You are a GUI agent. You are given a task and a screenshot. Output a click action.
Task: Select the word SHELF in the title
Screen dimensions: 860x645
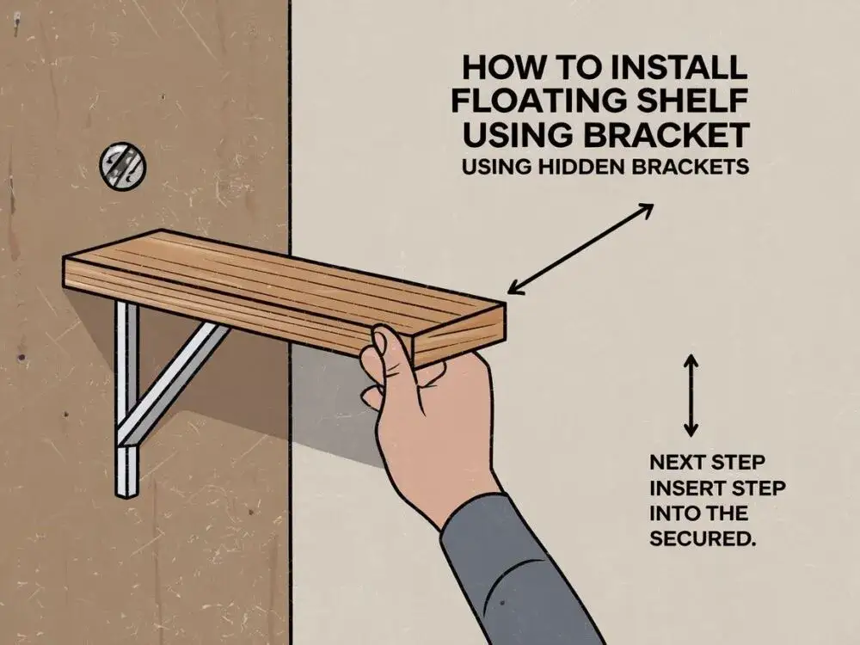[x=703, y=101]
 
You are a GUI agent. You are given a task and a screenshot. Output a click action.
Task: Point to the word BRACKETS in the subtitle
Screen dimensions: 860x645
[x=691, y=167]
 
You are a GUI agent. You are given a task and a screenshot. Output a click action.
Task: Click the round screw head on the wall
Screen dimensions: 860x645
[x=123, y=166]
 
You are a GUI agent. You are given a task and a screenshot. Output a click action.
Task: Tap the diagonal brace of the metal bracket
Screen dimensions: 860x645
[x=172, y=383]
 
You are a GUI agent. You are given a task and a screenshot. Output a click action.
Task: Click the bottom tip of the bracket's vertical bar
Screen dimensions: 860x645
[x=126, y=496]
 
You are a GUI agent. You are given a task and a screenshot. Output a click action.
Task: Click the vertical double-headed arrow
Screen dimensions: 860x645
[x=691, y=396]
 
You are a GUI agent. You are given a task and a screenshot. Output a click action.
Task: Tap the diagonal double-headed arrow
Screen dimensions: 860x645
[x=580, y=249]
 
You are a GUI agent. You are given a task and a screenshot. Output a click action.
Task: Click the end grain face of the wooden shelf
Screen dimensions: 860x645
[x=458, y=335]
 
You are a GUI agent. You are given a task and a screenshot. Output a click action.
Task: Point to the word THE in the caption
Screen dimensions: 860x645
[x=725, y=514]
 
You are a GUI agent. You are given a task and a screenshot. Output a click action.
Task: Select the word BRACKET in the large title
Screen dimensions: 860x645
[x=666, y=135]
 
